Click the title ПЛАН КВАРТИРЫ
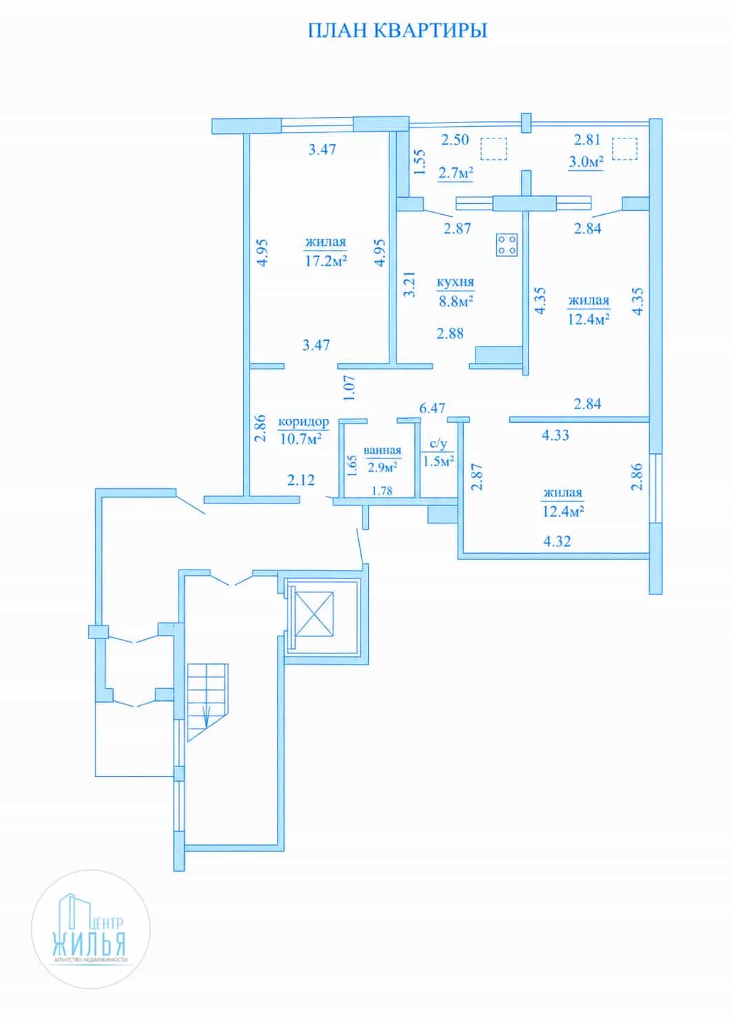(x=398, y=30)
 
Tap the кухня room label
(x=455, y=282)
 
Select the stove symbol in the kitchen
(x=507, y=245)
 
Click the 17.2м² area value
(x=326, y=261)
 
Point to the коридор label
(x=303, y=421)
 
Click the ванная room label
(x=382, y=450)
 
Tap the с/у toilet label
(x=438, y=444)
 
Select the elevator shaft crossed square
(x=314, y=614)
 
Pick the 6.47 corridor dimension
(x=432, y=408)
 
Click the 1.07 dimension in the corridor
(x=350, y=388)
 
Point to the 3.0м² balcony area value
(x=586, y=162)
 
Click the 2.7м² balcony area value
(x=456, y=173)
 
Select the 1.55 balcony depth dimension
(x=419, y=162)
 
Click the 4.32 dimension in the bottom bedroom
(x=557, y=541)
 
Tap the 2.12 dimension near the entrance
(x=301, y=480)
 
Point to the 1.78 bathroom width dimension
(x=382, y=490)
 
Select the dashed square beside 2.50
(x=494, y=149)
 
